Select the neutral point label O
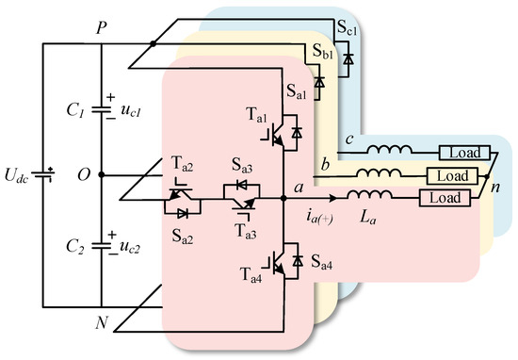click(83, 175)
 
